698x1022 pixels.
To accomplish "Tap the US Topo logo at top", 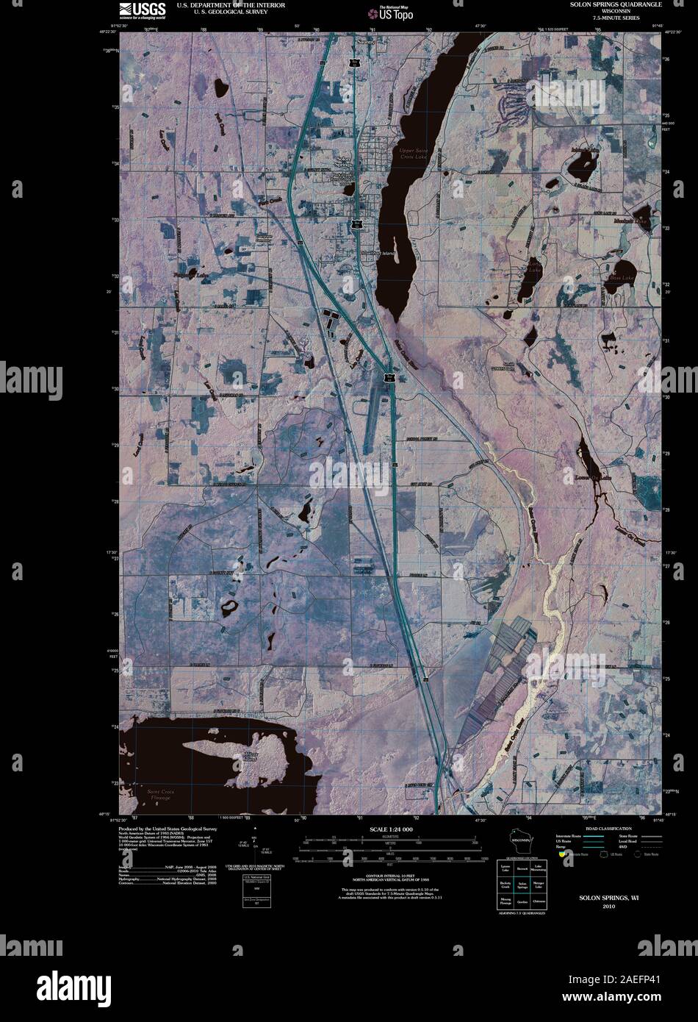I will tap(391, 12).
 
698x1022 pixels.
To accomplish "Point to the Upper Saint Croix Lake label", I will tap(412, 154).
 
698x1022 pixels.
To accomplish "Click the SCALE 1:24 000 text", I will tap(391, 829).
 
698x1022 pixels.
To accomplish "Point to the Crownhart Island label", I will tap(378, 254).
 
